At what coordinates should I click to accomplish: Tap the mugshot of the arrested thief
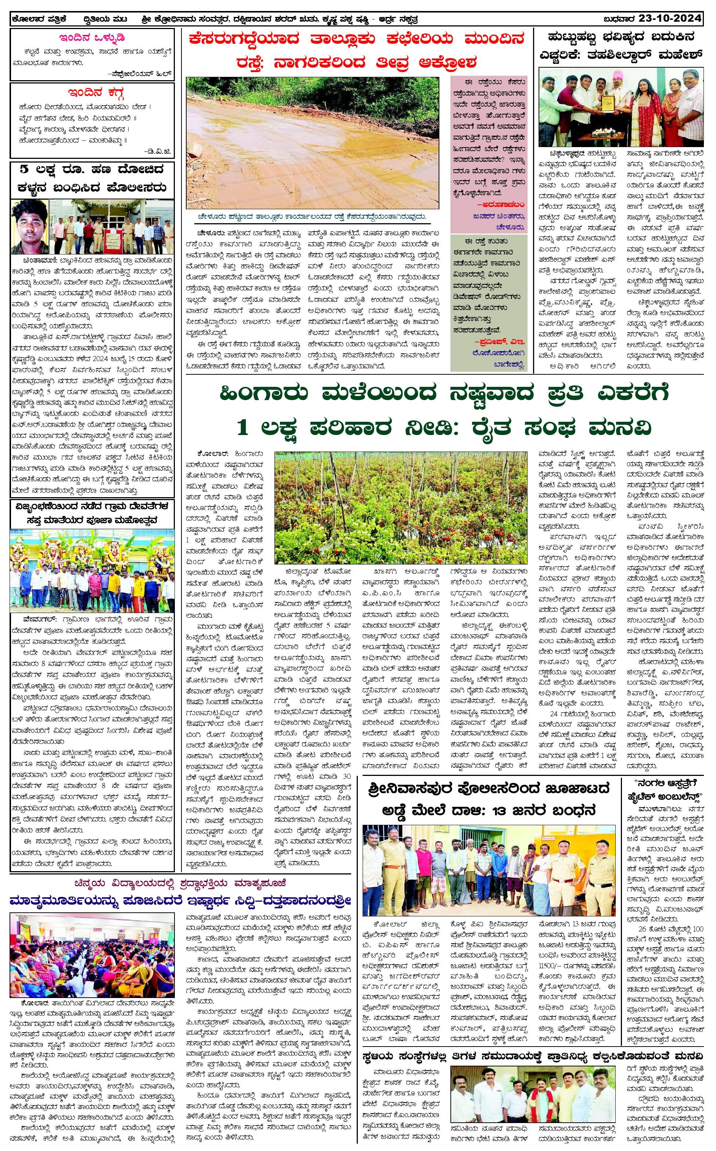(x=29, y=227)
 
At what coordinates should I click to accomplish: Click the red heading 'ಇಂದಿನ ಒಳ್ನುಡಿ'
(x=92, y=38)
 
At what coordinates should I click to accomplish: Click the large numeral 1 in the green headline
(x=242, y=428)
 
